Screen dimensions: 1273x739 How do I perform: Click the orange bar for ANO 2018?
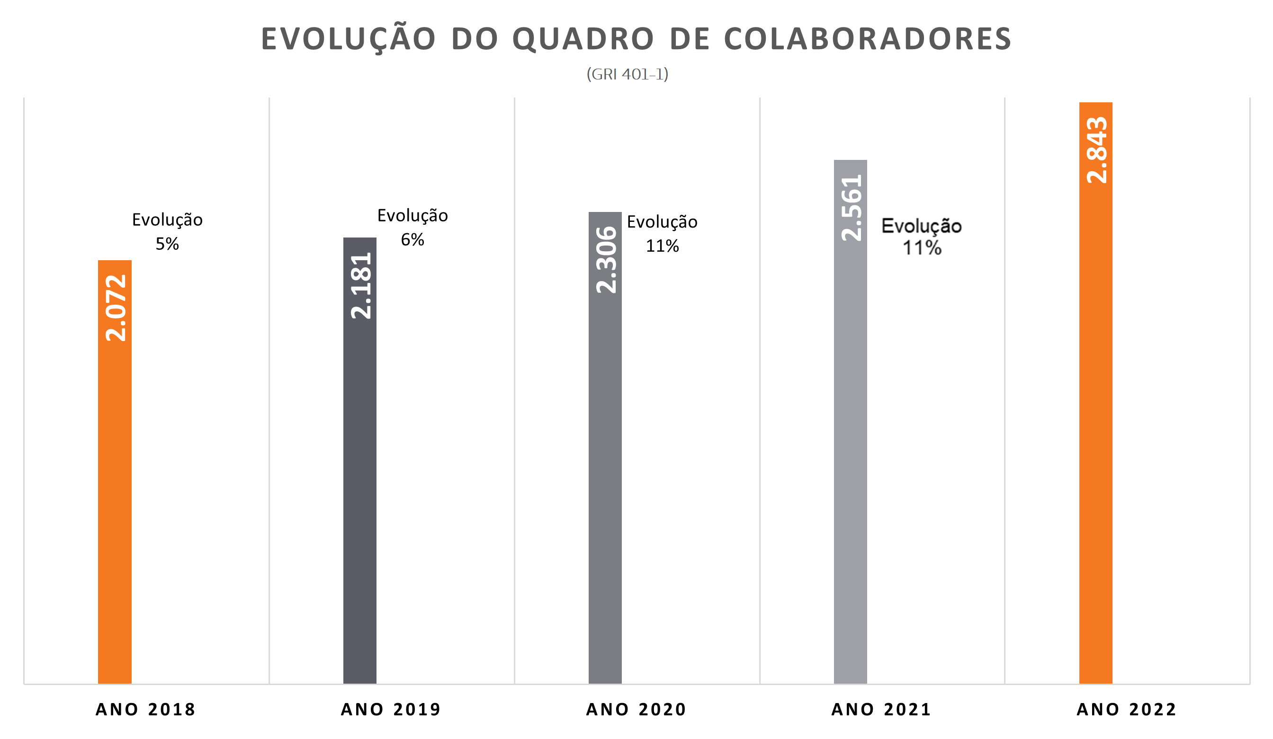tap(115, 472)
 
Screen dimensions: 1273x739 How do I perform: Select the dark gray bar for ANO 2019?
tap(359, 461)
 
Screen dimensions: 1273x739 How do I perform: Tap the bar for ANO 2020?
tap(605, 448)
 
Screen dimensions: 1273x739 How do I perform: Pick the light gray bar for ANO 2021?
tap(850, 422)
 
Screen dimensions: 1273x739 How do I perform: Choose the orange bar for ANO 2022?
tap(1096, 393)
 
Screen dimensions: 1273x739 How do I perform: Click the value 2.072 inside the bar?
tap(116, 308)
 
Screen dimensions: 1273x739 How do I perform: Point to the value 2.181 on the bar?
tap(361, 286)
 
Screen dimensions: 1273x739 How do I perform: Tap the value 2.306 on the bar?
tap(606, 260)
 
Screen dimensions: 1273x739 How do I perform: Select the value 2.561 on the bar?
tap(852, 208)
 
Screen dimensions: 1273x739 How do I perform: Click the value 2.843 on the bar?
tap(1097, 150)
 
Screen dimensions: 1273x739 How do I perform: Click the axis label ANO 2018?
tap(145, 710)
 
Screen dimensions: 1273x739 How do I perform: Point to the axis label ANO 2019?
tap(391, 710)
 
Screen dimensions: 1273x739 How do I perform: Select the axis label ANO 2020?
tap(636, 710)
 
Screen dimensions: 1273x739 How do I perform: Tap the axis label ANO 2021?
tap(881, 710)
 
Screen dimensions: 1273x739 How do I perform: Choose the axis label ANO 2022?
tap(1127, 710)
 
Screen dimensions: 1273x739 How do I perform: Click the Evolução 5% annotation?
tap(167, 232)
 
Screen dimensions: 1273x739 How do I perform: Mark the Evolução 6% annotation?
tap(412, 228)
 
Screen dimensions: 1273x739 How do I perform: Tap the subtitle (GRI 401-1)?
tap(628, 75)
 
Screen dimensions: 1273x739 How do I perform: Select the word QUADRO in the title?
tap(583, 39)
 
